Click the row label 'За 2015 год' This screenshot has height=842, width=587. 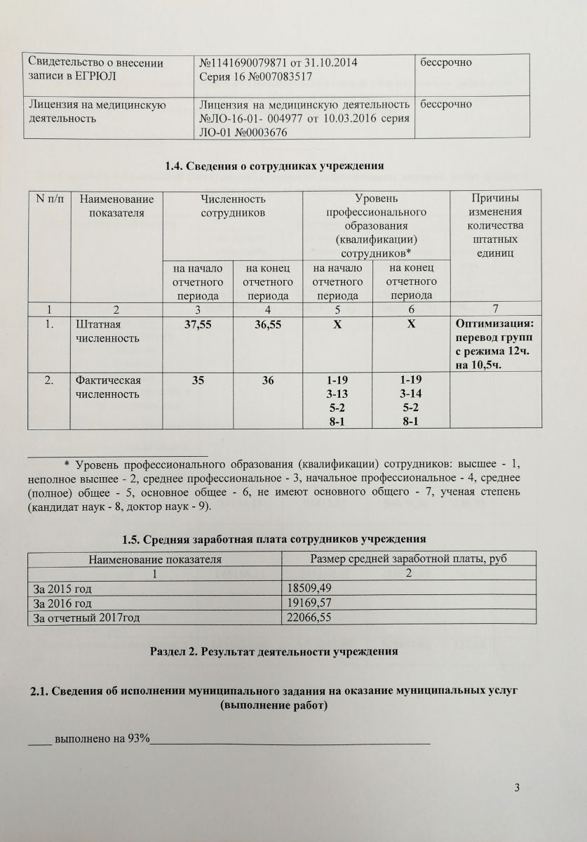(x=60, y=587)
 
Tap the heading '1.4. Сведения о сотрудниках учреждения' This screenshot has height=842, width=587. (x=274, y=166)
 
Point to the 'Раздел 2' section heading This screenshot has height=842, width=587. (x=274, y=650)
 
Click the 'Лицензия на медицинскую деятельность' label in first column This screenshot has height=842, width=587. (x=97, y=111)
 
